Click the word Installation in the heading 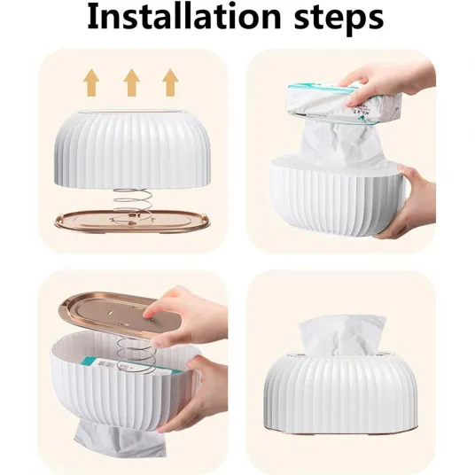click(184, 17)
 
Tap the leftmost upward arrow click(91, 82)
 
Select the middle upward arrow click(131, 82)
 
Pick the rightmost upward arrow click(170, 82)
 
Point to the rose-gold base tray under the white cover click(132, 222)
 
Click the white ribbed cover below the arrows click(132, 149)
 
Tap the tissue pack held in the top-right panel click(346, 103)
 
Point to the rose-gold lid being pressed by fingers click(121, 316)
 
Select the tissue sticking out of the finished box click(342, 335)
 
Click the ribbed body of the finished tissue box click(341, 393)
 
